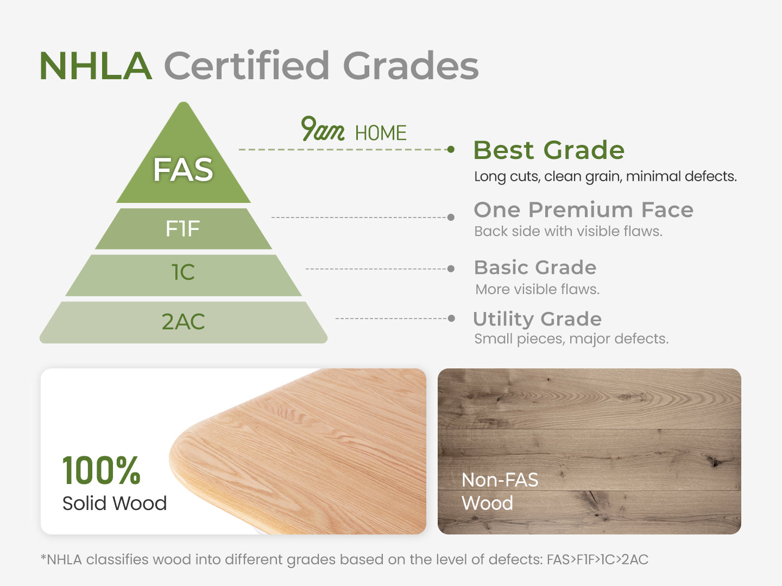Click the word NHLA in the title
96,66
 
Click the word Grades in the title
411,66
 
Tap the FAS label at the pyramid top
183,170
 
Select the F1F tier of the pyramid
183,228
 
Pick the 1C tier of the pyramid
183,275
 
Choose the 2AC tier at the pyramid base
183,322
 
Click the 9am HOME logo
354,130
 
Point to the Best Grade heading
548,150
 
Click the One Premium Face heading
584,209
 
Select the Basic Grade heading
535,267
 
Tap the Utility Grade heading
537,319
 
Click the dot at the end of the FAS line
451,149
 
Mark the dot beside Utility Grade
451,319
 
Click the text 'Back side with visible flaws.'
568,231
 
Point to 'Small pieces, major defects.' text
571,339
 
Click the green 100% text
102,470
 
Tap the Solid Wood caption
115,504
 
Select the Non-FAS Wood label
500,492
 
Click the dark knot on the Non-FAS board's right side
715,462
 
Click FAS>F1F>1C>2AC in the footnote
597,559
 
